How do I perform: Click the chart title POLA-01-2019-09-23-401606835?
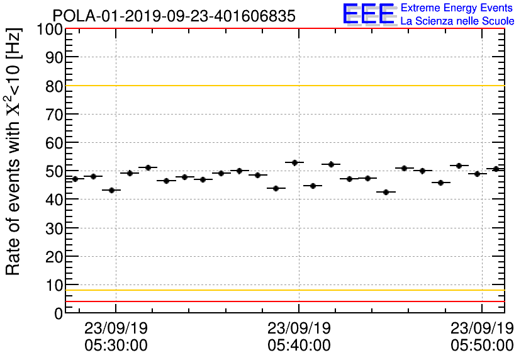(x=174, y=16)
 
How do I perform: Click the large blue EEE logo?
(x=369, y=14)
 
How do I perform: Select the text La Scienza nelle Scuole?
(x=457, y=21)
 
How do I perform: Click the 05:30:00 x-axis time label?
(x=116, y=345)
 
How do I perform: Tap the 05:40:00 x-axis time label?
(x=299, y=345)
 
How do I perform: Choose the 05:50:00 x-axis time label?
(x=482, y=345)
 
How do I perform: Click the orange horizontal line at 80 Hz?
(x=283, y=86)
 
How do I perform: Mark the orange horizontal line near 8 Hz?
(x=283, y=290)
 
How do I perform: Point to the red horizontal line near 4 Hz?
(x=283, y=301)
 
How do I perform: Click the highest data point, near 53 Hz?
(x=294, y=162)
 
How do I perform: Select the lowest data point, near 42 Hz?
(x=389, y=192)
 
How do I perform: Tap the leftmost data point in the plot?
(x=75, y=179)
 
